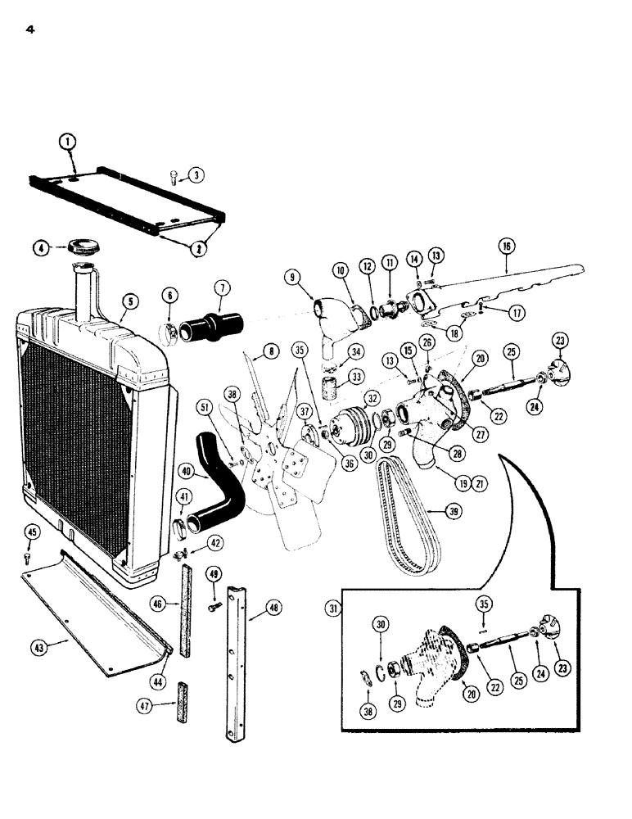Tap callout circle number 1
click(70, 143)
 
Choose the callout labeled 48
click(273, 608)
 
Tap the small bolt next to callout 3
click(175, 177)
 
